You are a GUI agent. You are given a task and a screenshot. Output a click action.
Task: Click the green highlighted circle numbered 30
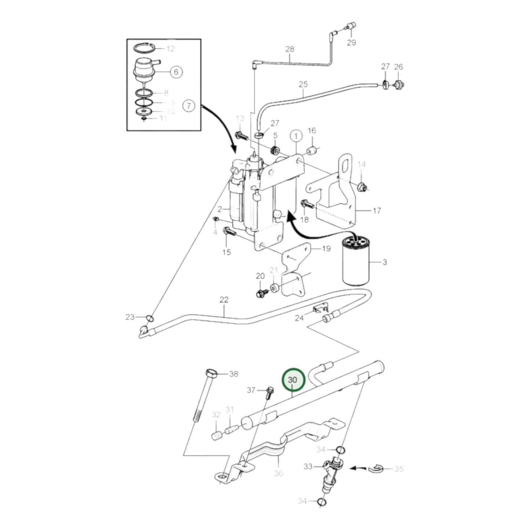point(293,380)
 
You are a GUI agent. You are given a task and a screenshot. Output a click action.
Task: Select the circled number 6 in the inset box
point(176,72)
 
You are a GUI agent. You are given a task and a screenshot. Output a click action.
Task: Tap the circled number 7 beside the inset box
point(189,106)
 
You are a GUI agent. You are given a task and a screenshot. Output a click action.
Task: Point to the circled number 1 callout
point(296,136)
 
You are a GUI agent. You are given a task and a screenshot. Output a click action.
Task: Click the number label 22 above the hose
point(224,300)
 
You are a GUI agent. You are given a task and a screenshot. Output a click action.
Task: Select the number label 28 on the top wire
point(290,49)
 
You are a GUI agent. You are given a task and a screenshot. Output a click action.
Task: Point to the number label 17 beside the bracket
point(377,211)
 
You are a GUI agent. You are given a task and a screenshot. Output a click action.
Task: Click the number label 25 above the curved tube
point(303,84)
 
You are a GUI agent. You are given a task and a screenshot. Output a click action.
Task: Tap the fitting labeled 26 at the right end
point(398,85)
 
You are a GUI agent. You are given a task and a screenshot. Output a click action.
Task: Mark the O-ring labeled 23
point(149,317)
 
